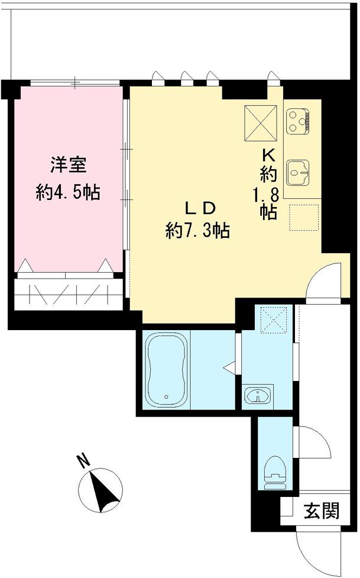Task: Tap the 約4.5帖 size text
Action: click(x=67, y=192)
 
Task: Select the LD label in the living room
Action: click(x=196, y=208)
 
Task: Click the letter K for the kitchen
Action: click(x=269, y=155)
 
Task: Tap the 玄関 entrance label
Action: click(x=323, y=511)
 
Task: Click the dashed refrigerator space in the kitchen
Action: click(x=304, y=217)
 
